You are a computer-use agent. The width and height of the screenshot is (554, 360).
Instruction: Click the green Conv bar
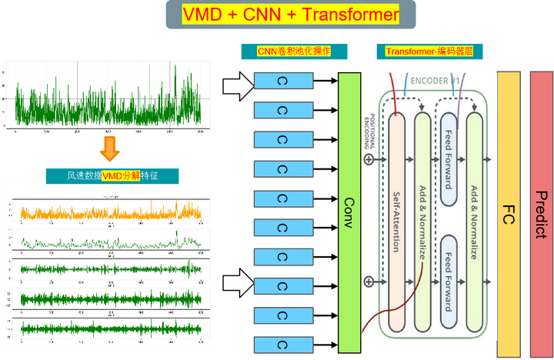349,208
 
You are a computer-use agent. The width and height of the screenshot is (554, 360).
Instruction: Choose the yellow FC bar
508,208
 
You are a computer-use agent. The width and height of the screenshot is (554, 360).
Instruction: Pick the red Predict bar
540,208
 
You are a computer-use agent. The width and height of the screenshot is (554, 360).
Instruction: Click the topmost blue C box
282,82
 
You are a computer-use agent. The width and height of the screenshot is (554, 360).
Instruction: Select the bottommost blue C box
282,343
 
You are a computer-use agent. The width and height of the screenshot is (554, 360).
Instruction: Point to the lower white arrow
238,285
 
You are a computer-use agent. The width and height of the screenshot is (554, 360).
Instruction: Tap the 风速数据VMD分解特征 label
112,176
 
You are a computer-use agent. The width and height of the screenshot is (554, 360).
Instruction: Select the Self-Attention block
396,223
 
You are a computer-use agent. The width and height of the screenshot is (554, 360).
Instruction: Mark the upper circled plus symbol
369,159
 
